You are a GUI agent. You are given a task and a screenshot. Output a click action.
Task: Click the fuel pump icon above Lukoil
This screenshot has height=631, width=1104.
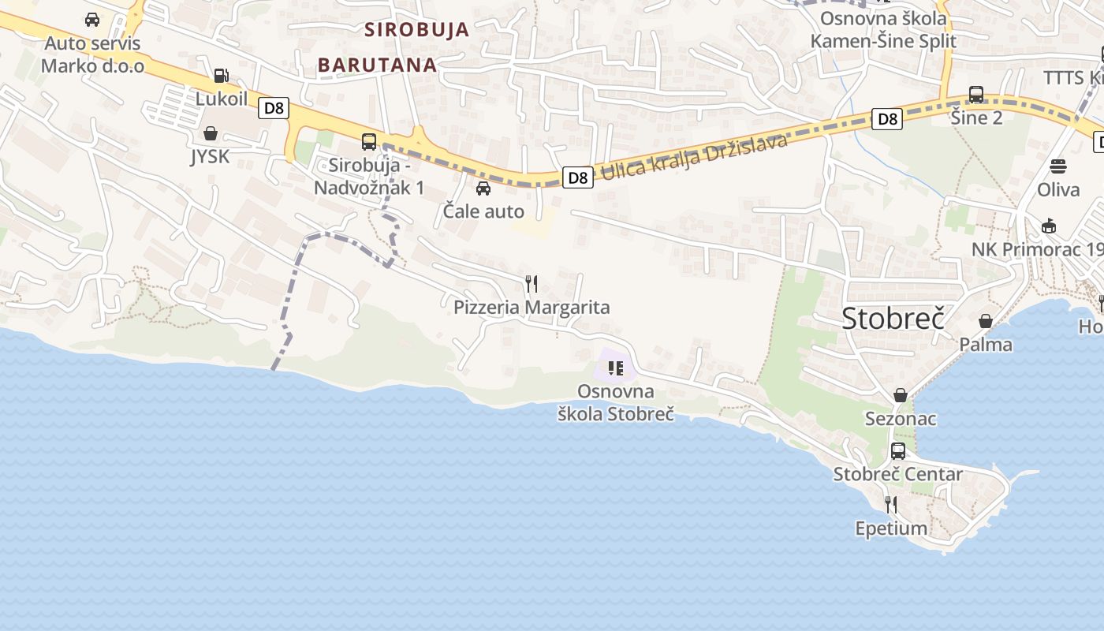[222, 76]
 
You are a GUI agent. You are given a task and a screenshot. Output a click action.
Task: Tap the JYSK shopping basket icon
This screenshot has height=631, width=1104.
[211, 133]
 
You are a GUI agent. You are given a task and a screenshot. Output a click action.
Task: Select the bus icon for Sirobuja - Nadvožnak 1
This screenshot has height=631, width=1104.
[369, 142]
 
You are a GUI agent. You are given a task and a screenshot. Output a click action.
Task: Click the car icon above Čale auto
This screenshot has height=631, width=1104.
[483, 189]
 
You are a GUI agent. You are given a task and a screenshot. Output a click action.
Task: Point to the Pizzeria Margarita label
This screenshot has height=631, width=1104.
[531, 307]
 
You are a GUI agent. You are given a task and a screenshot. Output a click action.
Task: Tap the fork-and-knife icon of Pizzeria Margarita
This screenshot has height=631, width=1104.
[531, 283]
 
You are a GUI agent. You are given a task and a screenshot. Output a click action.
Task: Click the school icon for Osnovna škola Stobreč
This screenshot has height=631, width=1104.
[616, 368]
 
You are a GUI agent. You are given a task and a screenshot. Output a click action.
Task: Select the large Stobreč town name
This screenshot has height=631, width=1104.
[893, 318]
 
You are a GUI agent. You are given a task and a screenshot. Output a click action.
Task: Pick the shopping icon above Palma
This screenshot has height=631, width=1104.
[986, 321]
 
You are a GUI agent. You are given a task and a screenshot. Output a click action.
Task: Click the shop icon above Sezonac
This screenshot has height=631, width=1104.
[901, 395]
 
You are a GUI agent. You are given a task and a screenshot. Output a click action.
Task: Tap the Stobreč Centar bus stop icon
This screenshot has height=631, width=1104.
[898, 451]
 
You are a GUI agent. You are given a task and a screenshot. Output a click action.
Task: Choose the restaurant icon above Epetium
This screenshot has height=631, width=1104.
[891, 504]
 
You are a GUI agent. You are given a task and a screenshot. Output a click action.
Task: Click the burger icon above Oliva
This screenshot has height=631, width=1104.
[1058, 166]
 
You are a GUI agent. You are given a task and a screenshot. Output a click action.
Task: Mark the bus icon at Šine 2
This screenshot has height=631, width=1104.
[976, 95]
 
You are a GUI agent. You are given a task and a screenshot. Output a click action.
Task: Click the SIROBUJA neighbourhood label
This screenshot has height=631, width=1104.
[416, 30]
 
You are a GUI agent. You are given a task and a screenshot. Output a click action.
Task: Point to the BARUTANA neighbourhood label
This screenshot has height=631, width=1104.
[377, 65]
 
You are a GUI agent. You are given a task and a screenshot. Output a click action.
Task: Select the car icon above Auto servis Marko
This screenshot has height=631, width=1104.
[92, 20]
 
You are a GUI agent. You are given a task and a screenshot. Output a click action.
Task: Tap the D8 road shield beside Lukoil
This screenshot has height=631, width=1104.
[274, 108]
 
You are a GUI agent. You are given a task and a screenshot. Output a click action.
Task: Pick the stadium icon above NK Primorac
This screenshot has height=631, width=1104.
[1049, 226]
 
